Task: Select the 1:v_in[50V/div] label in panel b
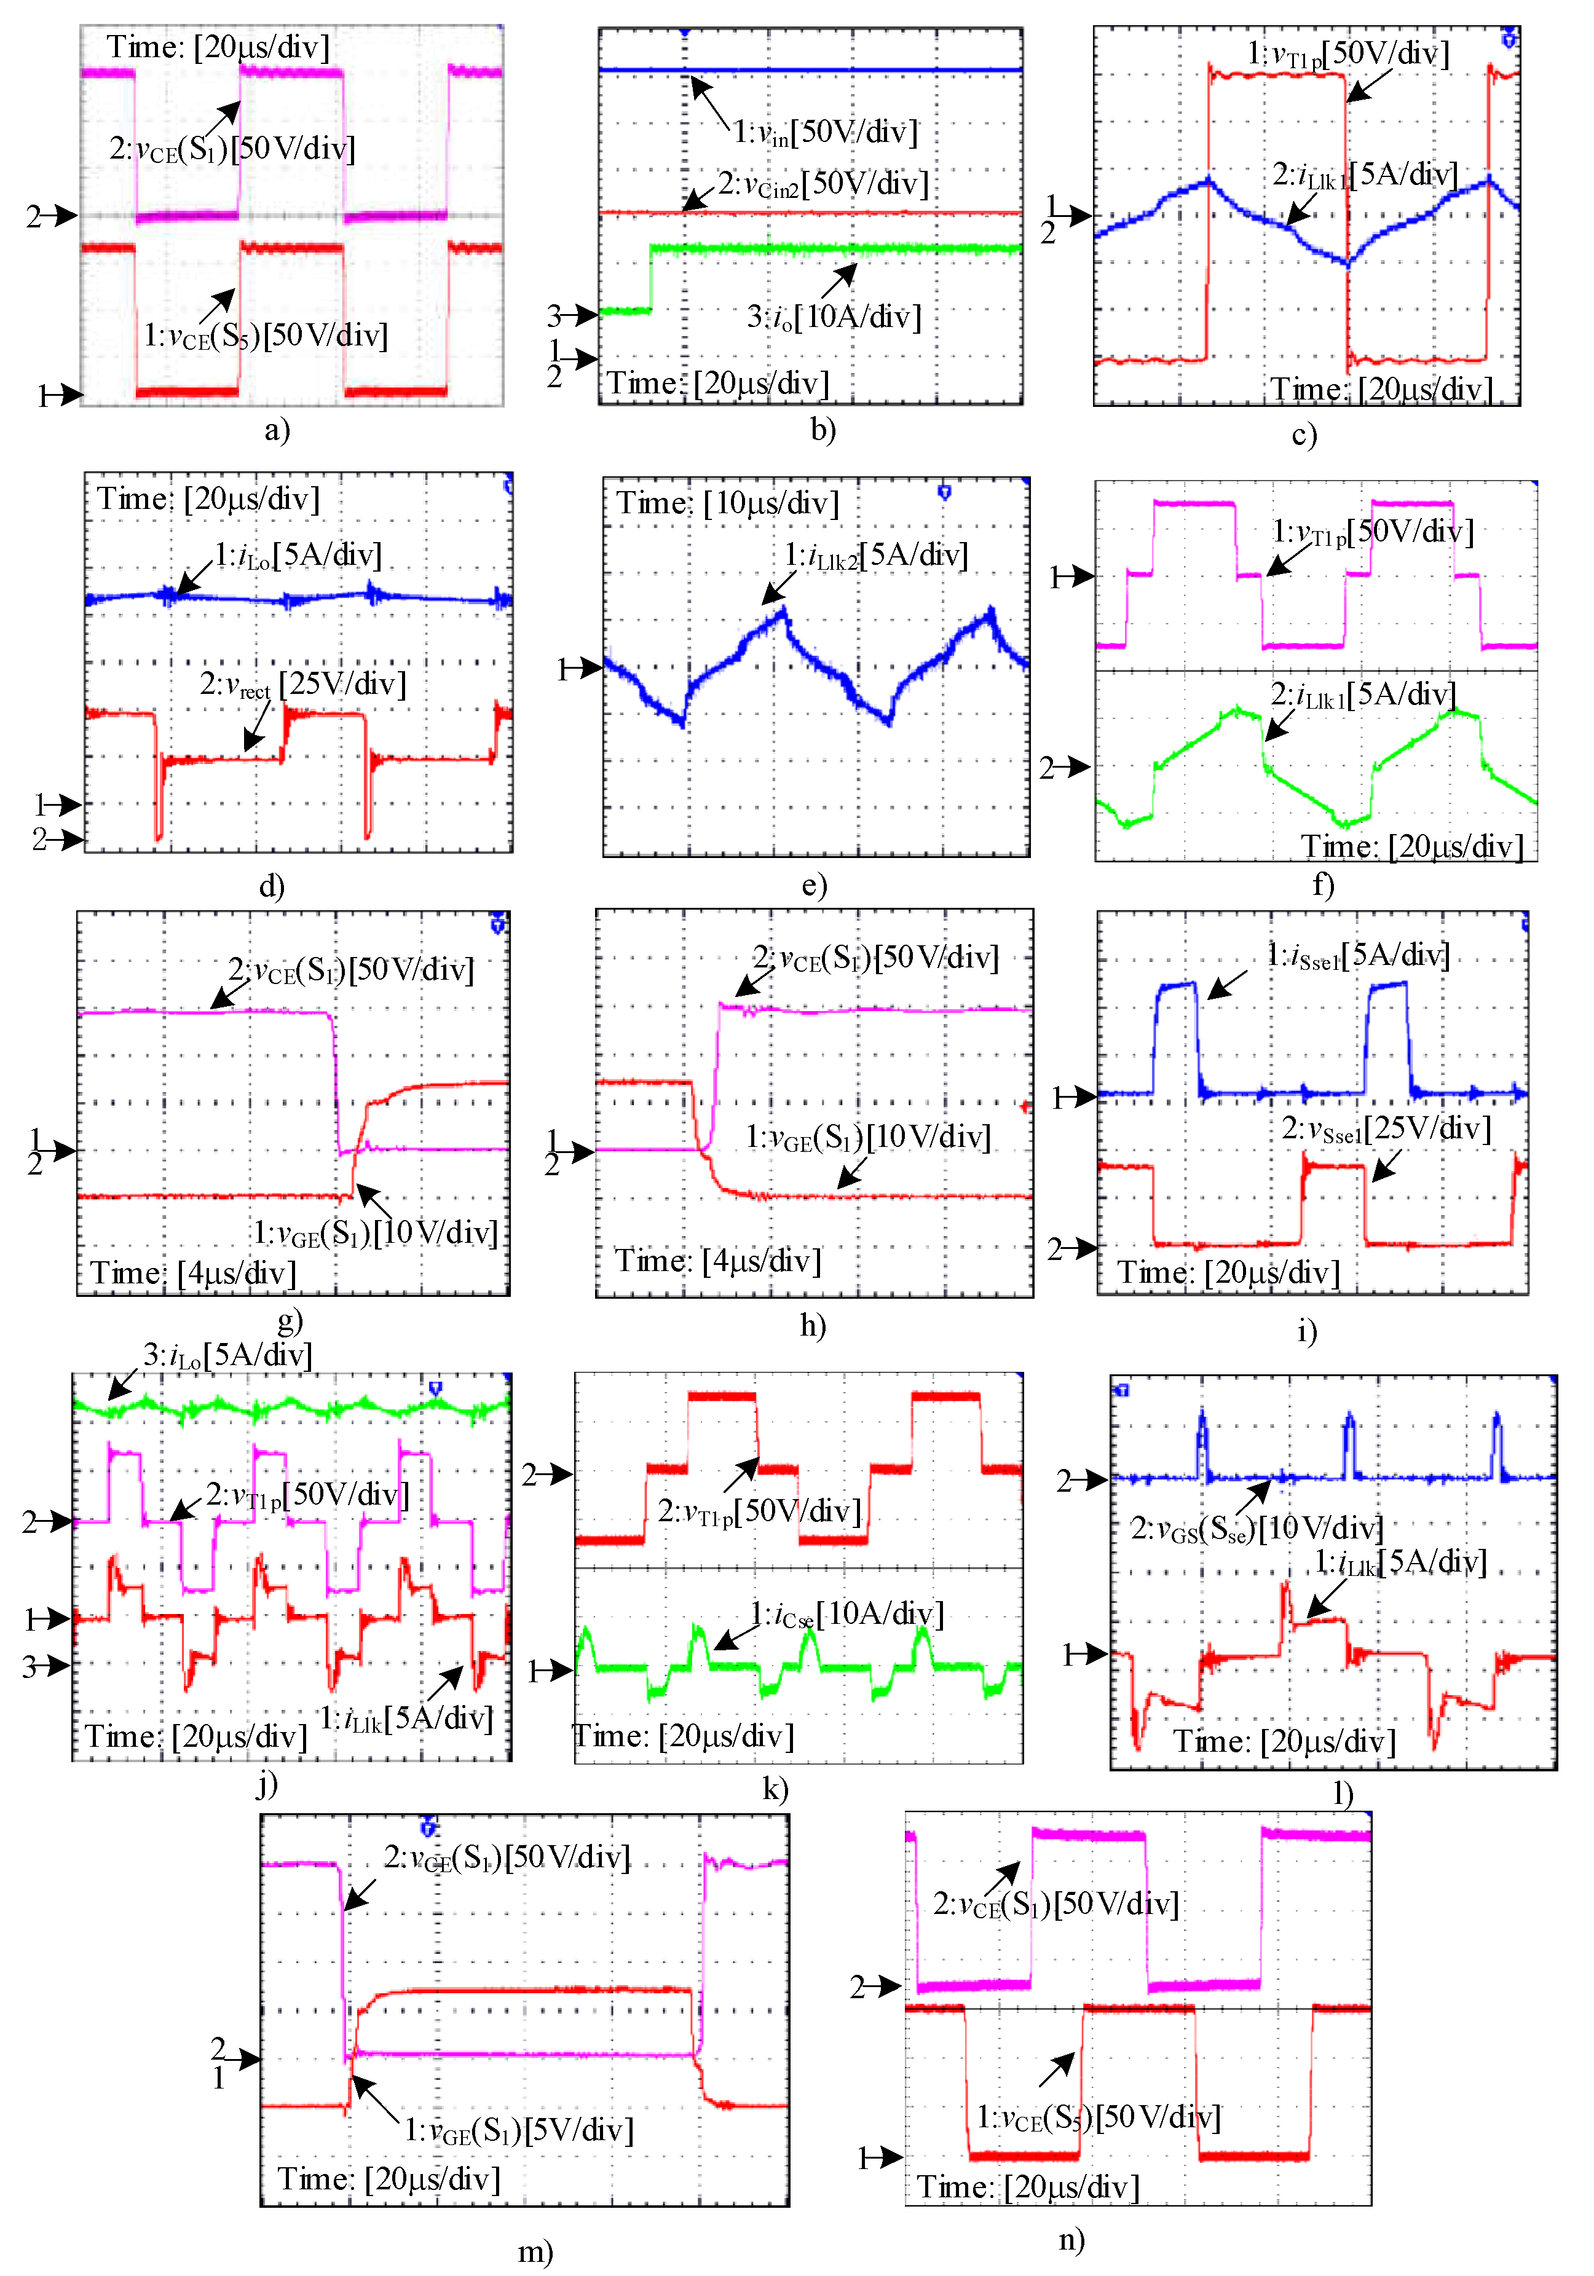click(825, 132)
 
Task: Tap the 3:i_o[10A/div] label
click(834, 317)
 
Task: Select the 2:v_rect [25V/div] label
click(302, 684)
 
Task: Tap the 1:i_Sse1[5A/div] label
click(1358, 956)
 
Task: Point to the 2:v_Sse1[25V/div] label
click(1386, 1128)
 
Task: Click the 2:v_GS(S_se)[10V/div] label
click(1257, 1527)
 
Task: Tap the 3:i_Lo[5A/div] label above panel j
click(227, 1355)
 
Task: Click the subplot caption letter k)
click(775, 1789)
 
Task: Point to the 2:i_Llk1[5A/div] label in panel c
click(1364, 175)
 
